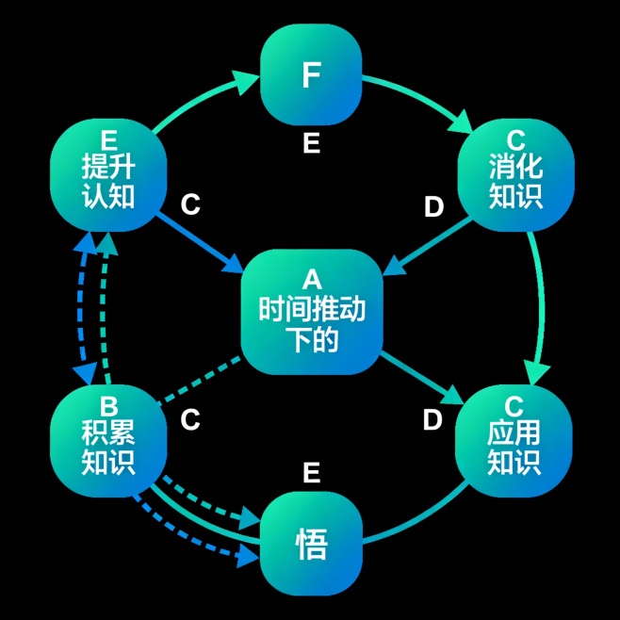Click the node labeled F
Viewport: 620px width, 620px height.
(311, 74)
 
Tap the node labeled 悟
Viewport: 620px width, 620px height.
(311, 543)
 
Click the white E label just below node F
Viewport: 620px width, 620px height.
(312, 144)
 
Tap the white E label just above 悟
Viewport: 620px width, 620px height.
(312, 473)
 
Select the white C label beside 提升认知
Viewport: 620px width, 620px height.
(190, 204)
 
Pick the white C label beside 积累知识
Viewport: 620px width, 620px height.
(190, 420)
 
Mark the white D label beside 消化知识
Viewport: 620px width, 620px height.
(433, 207)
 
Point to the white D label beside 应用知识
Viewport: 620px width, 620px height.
(432, 420)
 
